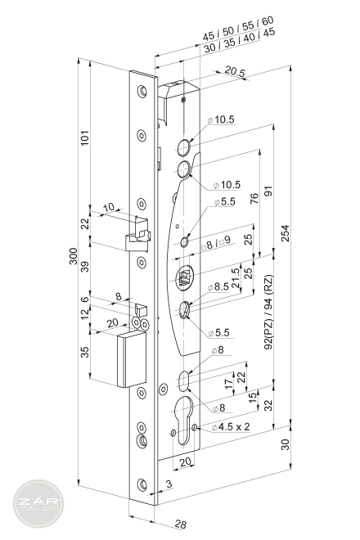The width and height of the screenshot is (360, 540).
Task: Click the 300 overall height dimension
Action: (74, 256)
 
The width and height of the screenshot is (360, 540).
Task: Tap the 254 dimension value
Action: (286, 233)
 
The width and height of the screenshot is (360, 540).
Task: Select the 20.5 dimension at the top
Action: (235, 71)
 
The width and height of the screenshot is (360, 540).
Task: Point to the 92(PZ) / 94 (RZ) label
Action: (268, 312)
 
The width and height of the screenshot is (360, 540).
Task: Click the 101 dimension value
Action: (84, 137)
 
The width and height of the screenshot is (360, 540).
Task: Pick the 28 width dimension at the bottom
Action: (181, 524)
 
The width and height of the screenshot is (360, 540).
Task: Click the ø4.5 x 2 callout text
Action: (231, 427)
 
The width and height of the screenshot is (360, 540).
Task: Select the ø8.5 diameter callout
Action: (218, 286)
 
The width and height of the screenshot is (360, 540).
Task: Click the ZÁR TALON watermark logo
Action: (38, 503)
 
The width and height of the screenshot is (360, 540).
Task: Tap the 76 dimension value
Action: (254, 198)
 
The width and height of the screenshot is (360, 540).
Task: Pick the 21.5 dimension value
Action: (236, 278)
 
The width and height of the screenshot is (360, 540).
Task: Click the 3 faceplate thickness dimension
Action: (169, 484)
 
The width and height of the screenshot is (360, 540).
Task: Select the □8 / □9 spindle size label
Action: (216, 243)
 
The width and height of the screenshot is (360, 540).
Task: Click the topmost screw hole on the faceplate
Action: (142, 92)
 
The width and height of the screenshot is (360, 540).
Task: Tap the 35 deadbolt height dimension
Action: (84, 352)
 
